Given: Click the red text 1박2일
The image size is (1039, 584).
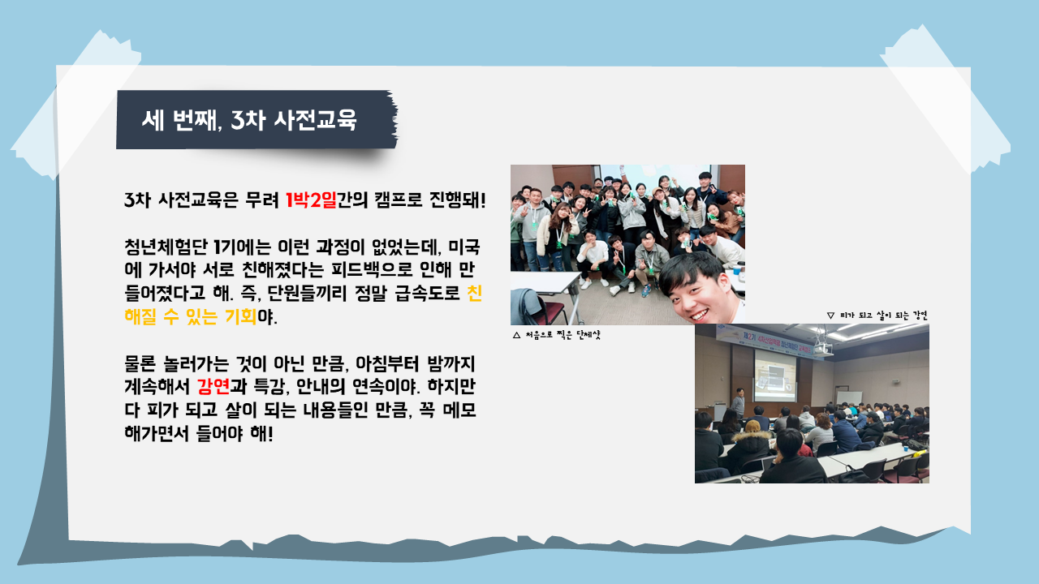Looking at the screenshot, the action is click(x=311, y=200).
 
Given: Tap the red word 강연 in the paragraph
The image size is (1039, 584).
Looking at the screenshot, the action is click(x=213, y=386).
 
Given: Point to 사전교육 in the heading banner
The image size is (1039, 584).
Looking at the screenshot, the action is click(x=315, y=120).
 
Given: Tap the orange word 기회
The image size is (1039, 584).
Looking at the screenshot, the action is click(x=241, y=316).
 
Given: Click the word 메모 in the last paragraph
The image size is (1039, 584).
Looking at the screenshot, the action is click(x=459, y=410).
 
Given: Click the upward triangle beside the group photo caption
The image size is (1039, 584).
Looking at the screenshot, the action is click(x=517, y=335).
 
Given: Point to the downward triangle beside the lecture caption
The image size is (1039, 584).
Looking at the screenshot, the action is click(x=830, y=316).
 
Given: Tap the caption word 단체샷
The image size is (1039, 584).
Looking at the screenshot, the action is click(x=588, y=335).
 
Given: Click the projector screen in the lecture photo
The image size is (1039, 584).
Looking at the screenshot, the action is click(x=775, y=376).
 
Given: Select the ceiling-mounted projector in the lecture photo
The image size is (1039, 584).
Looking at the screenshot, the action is click(x=821, y=348).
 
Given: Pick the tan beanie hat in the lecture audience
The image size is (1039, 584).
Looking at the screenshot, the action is click(x=753, y=426).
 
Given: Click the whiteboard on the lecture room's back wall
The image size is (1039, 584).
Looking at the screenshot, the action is click(x=849, y=397).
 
